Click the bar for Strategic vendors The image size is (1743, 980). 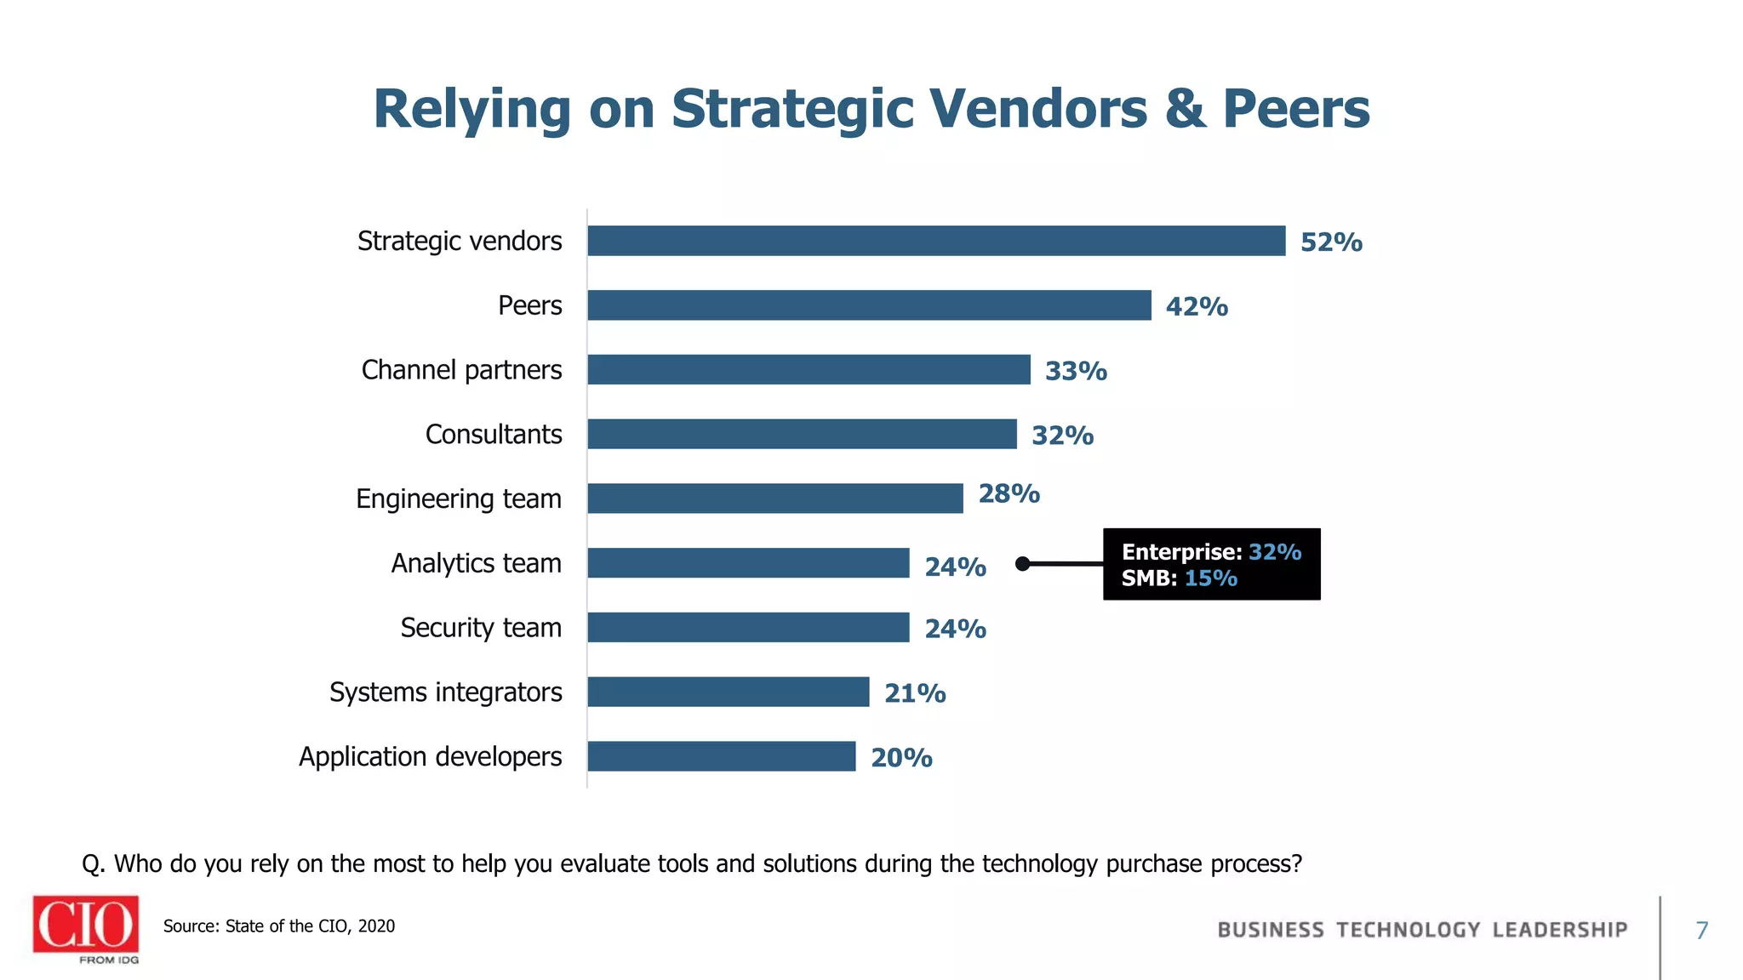click(936, 241)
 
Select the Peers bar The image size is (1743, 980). click(869, 305)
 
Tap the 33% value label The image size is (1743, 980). click(1076, 371)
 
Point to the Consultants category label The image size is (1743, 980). click(494, 435)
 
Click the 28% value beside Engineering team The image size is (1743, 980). click(1009, 493)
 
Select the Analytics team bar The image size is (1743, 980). click(748, 563)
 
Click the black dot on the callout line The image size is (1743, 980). click(1023, 564)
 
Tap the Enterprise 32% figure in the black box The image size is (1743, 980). click(1275, 552)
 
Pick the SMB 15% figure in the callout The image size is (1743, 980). click(1210, 578)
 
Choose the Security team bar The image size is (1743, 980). click(748, 628)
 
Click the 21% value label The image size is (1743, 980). click(915, 693)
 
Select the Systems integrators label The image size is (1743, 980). click(445, 692)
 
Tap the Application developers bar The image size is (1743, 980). click(721, 756)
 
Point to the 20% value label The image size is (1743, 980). click(901, 758)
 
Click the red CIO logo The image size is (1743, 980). click(85, 925)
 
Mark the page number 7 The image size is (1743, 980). click(1701, 931)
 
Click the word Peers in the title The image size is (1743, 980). click(1295, 109)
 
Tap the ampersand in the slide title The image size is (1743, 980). click(1185, 109)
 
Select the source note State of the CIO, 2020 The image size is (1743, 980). click(279, 926)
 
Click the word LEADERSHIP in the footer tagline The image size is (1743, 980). click(1559, 930)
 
